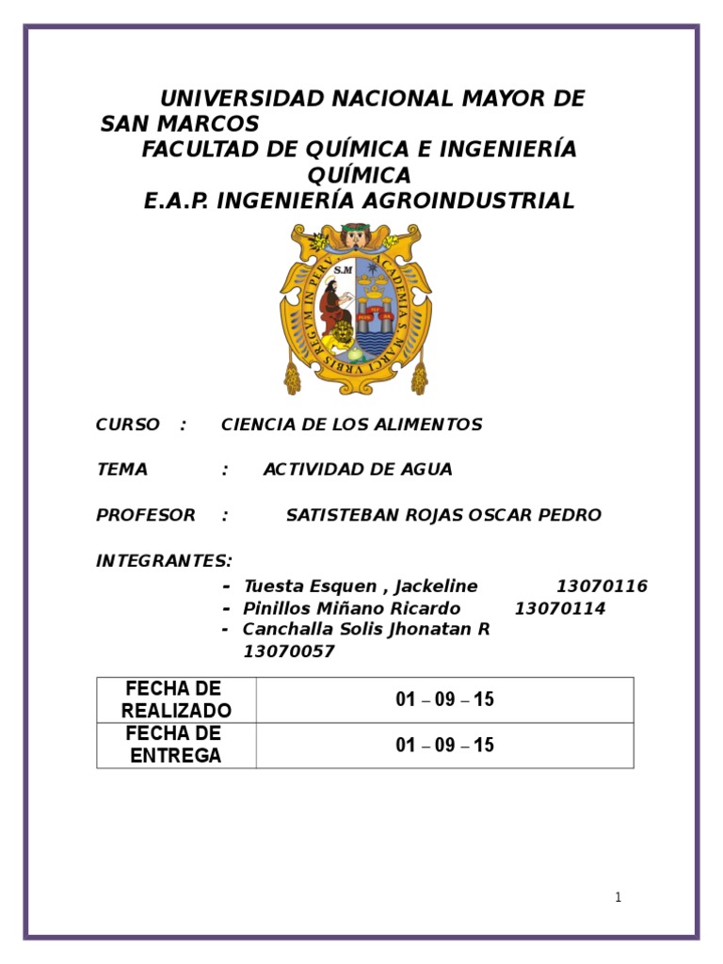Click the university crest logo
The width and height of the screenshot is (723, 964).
click(354, 309)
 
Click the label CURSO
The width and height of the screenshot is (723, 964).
click(128, 425)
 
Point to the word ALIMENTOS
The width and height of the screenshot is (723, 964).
click(434, 425)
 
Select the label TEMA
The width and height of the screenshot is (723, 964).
click(122, 470)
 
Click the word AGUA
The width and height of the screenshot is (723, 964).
click(427, 470)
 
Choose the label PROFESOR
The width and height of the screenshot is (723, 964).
click(146, 515)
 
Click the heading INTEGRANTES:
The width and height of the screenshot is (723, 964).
click(164, 561)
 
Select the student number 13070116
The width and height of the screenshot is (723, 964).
click(602, 586)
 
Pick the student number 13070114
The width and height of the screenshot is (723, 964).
click(560, 608)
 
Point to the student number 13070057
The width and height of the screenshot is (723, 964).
click(289, 651)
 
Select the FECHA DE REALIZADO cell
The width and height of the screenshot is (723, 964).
click(176, 699)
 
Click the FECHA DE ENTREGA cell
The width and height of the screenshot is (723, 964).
click(176, 745)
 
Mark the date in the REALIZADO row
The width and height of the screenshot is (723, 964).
click(444, 699)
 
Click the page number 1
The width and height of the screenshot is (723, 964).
click(618, 897)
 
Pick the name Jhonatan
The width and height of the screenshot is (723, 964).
click(432, 629)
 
